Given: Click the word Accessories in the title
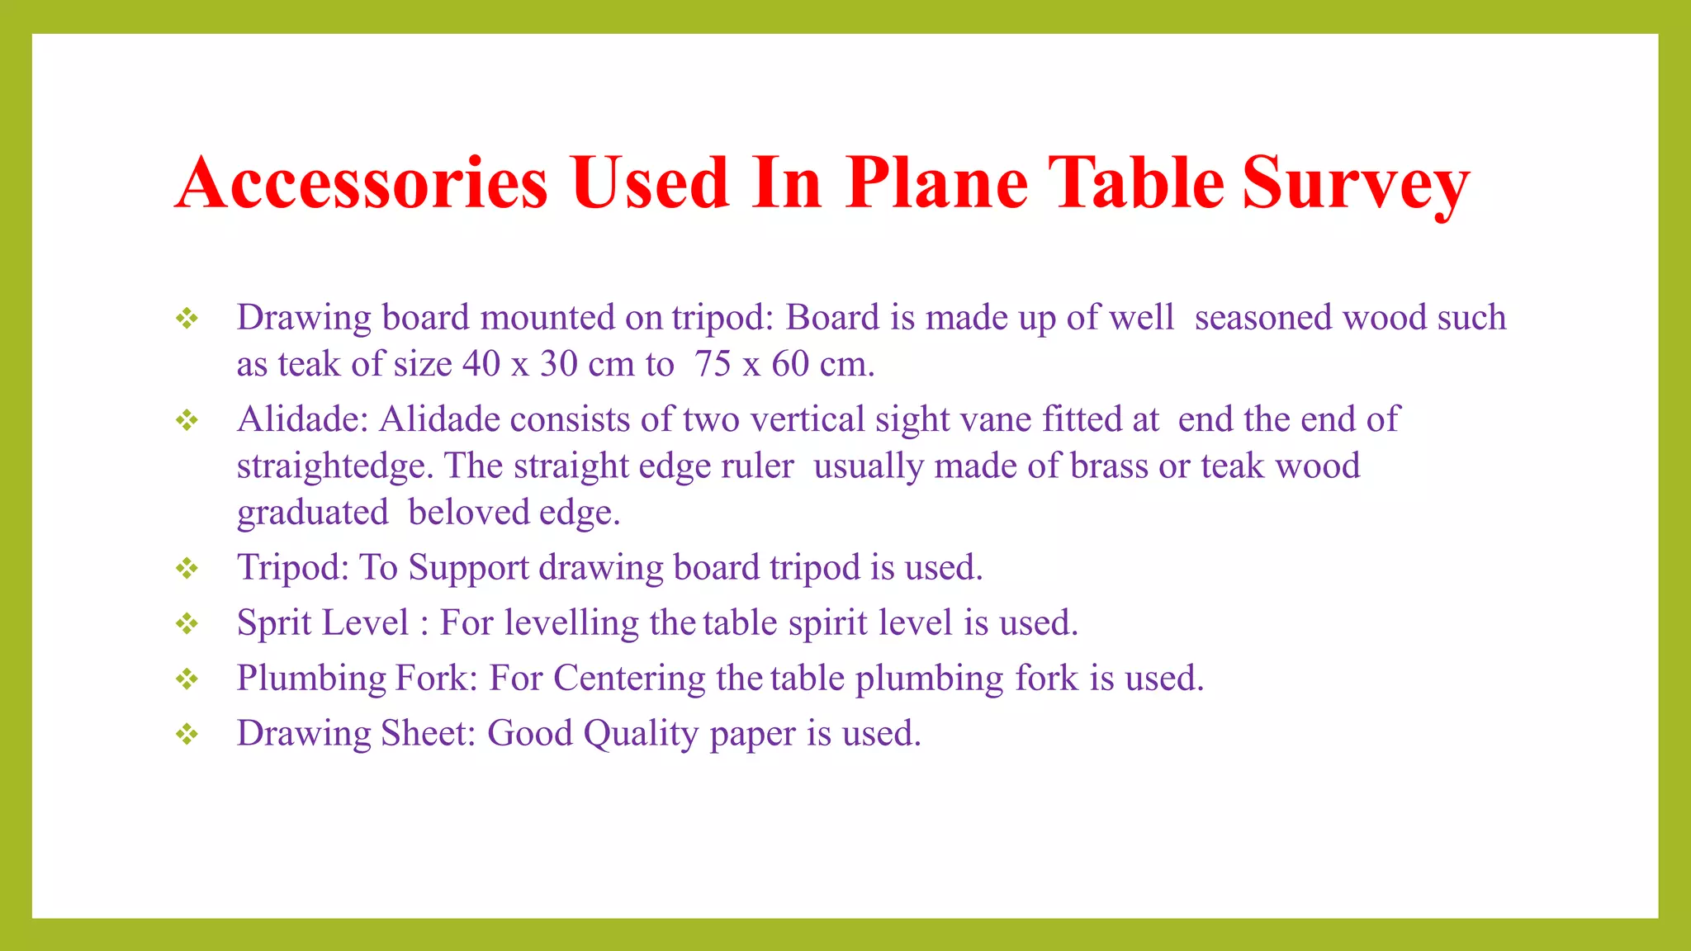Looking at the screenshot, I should [362, 182].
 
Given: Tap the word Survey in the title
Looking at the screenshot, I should [1356, 184].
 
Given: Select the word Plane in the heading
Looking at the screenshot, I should [936, 182].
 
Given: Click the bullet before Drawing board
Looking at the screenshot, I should [187, 319].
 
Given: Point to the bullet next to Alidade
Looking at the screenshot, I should [187, 421].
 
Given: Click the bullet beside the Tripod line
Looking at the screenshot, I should [187, 569].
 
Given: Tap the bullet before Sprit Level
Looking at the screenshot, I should [187, 624].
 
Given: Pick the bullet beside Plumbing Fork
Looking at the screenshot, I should [187, 679].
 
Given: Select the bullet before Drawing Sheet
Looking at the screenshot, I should [187, 735].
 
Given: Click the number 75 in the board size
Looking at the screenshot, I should [713, 364].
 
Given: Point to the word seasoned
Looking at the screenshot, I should [1263, 318].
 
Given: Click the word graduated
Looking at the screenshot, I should [312, 513].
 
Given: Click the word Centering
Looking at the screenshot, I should [629, 679].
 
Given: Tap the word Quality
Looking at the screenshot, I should [641, 734].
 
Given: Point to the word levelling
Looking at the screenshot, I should [571, 623].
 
